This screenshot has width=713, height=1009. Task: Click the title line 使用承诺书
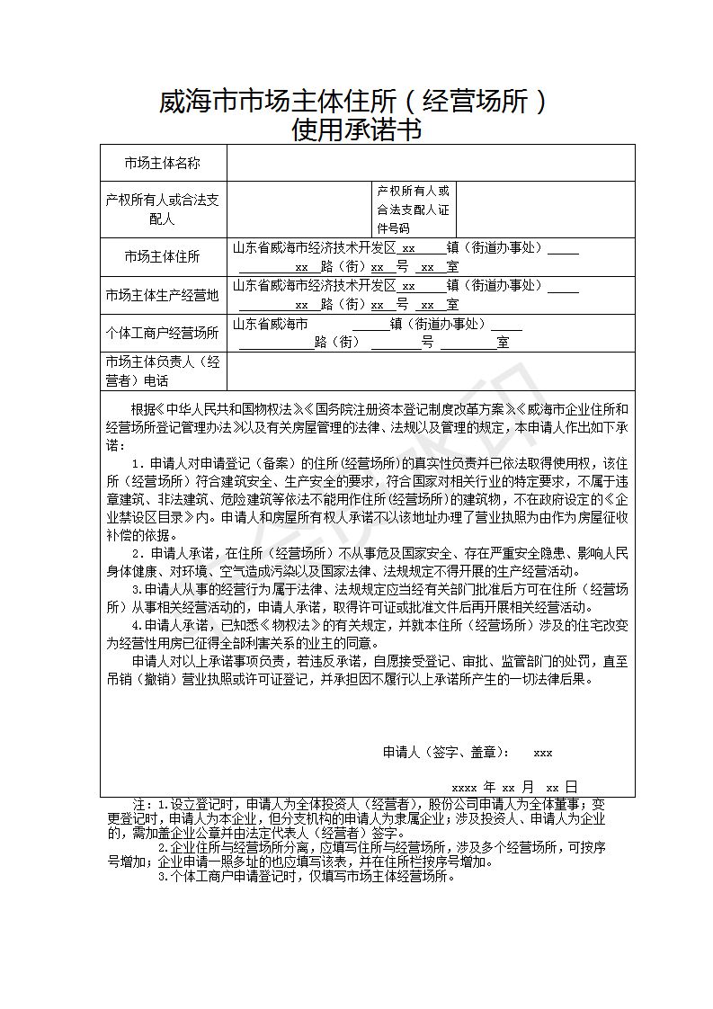pyautogui.click(x=356, y=131)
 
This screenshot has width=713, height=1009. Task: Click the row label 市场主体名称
pyautogui.click(x=162, y=163)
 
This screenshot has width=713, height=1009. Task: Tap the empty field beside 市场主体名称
pyautogui.click(x=430, y=163)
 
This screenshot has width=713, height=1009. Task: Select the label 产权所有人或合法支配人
pyautogui.click(x=162, y=209)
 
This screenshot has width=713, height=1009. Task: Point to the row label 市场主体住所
pyautogui.click(x=162, y=257)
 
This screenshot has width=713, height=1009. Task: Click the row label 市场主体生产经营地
pyautogui.click(x=162, y=295)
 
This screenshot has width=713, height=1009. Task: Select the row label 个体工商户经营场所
pyautogui.click(x=162, y=333)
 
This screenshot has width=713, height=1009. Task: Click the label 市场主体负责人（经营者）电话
pyautogui.click(x=162, y=371)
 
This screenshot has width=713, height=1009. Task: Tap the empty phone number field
pyautogui.click(x=430, y=371)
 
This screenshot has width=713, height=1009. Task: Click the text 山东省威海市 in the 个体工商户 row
pyautogui.click(x=271, y=324)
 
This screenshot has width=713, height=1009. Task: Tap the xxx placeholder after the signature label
pyautogui.click(x=543, y=753)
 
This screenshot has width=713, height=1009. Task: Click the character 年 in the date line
pyautogui.click(x=489, y=785)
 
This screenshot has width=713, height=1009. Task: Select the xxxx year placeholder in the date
pyautogui.click(x=464, y=786)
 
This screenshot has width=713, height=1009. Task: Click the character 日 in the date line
pyautogui.click(x=572, y=785)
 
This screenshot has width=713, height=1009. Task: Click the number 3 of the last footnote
pyautogui.click(x=162, y=876)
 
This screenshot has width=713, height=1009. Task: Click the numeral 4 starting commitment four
pyautogui.click(x=137, y=624)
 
